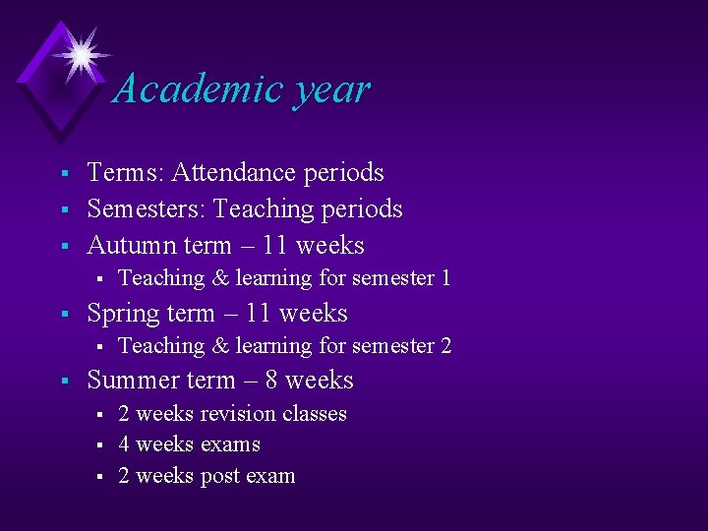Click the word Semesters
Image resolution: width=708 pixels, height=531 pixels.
(x=146, y=209)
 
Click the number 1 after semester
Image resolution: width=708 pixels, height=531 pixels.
(x=445, y=278)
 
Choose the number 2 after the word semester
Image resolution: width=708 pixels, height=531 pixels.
(x=445, y=346)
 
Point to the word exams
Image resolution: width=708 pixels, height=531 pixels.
(x=228, y=445)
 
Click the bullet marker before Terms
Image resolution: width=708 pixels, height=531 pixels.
(x=62, y=174)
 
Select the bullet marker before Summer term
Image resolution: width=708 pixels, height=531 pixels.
(x=62, y=382)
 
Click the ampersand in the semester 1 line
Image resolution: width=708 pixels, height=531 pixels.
(x=220, y=278)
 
